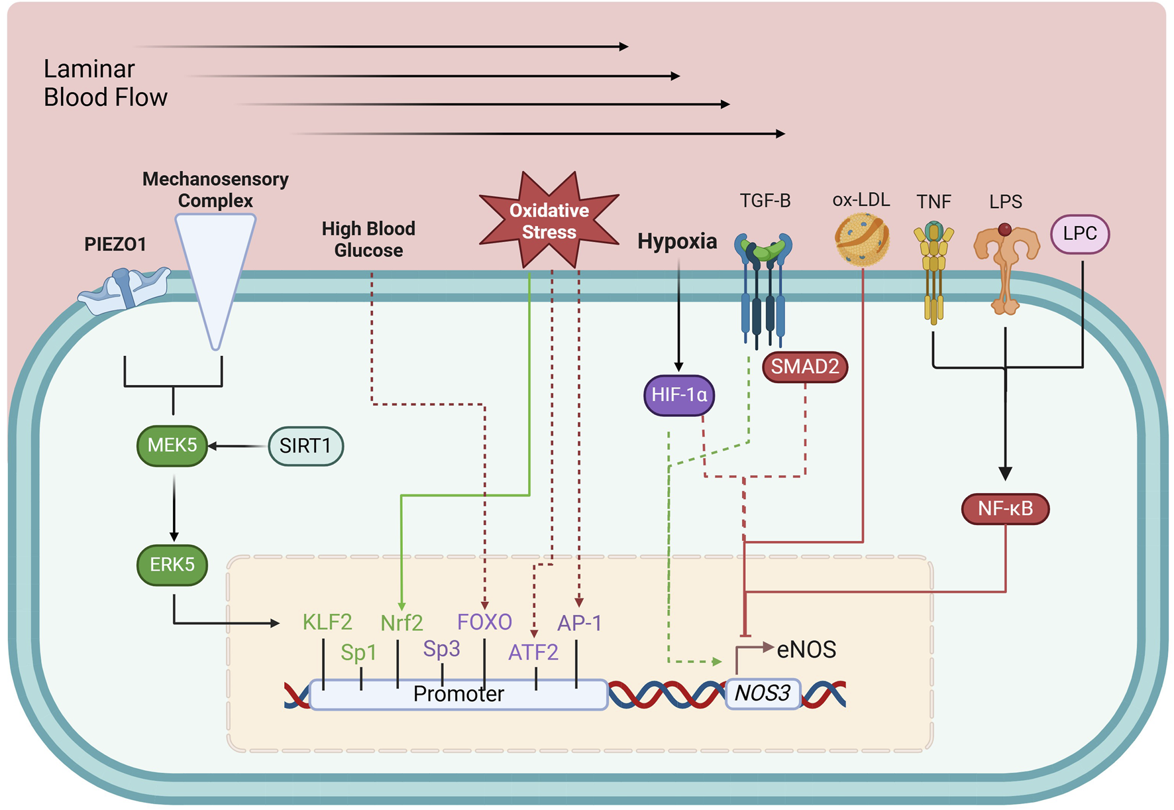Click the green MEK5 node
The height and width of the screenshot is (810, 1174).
pos(172,445)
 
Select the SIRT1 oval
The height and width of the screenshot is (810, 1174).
pos(305,446)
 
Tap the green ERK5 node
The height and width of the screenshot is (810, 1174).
pos(172,565)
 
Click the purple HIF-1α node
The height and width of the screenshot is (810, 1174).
pos(679,395)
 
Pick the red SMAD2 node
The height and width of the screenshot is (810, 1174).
pos(805,367)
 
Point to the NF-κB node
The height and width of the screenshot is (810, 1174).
pos(1005,508)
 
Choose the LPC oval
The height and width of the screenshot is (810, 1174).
pos(1080,234)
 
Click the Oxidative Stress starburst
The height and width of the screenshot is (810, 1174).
pos(549,221)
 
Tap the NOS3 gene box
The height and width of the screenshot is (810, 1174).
pos(763,693)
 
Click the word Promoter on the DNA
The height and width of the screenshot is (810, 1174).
pos(458,694)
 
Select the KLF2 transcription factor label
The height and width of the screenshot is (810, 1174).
pos(327,622)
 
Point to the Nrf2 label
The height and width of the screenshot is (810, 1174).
pos(401,623)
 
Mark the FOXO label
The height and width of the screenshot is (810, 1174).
pos(484,622)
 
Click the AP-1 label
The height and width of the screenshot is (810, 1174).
pos(580,623)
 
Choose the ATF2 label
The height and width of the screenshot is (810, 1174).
pos(533,652)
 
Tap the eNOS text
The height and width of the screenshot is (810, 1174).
pos(806,650)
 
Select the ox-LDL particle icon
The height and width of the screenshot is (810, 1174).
pos(862,240)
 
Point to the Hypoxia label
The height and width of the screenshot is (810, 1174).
pos(677,241)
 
